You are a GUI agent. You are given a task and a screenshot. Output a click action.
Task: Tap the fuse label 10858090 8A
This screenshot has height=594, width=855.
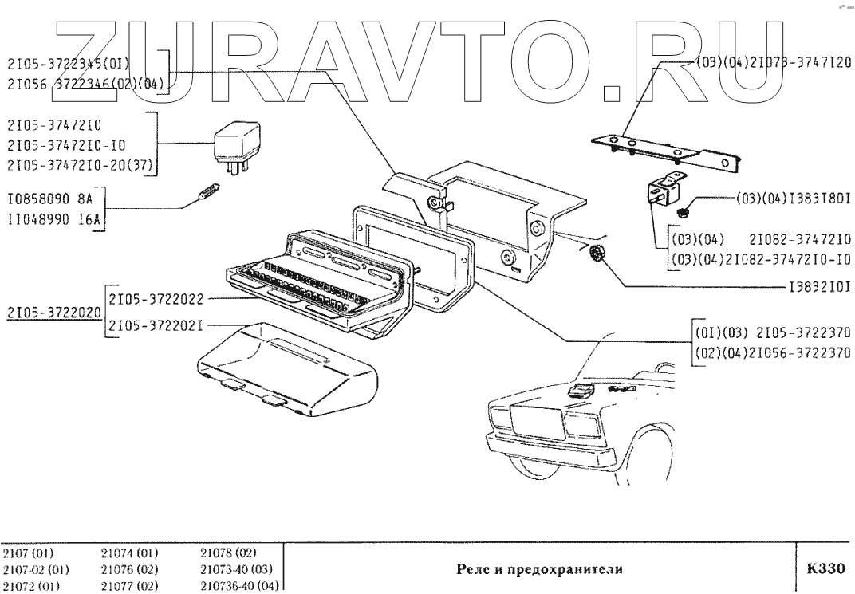[x=52, y=199]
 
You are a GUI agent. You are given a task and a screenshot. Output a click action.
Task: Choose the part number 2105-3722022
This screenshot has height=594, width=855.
[x=158, y=299]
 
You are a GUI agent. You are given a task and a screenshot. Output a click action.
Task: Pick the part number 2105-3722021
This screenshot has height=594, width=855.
[x=158, y=325]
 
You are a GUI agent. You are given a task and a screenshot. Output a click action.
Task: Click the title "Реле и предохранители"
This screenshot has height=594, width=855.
[x=539, y=570]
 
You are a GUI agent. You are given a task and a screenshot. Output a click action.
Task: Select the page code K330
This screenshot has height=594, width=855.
[x=825, y=569]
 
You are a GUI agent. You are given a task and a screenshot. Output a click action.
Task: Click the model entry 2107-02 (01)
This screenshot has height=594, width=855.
[x=36, y=570]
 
